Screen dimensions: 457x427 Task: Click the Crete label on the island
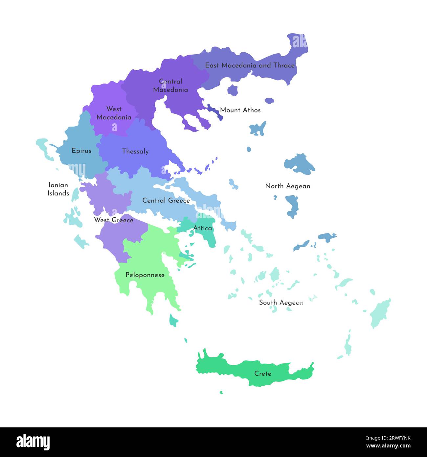(262, 373)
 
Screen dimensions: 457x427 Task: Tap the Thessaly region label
(135, 151)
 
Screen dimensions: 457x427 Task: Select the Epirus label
(81, 151)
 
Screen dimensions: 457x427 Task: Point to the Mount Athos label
(240, 110)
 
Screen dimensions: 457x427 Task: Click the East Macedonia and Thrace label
(250, 65)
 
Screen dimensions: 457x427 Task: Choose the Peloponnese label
(145, 275)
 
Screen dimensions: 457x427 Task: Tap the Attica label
(202, 228)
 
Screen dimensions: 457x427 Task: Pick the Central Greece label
(166, 200)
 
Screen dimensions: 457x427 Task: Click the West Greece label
(114, 220)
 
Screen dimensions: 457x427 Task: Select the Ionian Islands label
(58, 189)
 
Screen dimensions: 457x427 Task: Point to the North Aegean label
(287, 186)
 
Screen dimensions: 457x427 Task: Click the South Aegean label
(281, 302)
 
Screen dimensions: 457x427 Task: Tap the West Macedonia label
(114, 113)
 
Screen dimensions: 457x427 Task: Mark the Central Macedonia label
(170, 85)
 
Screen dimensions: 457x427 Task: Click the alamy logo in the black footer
(33, 442)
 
